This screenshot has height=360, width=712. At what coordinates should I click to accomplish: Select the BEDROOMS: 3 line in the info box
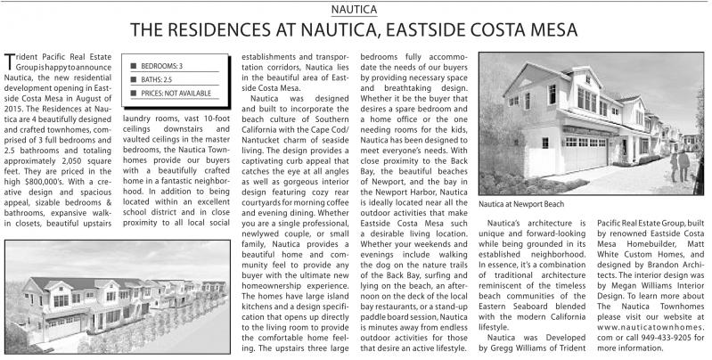pos(162,66)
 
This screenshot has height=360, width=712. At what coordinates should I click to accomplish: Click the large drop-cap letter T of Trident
pos(11,60)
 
